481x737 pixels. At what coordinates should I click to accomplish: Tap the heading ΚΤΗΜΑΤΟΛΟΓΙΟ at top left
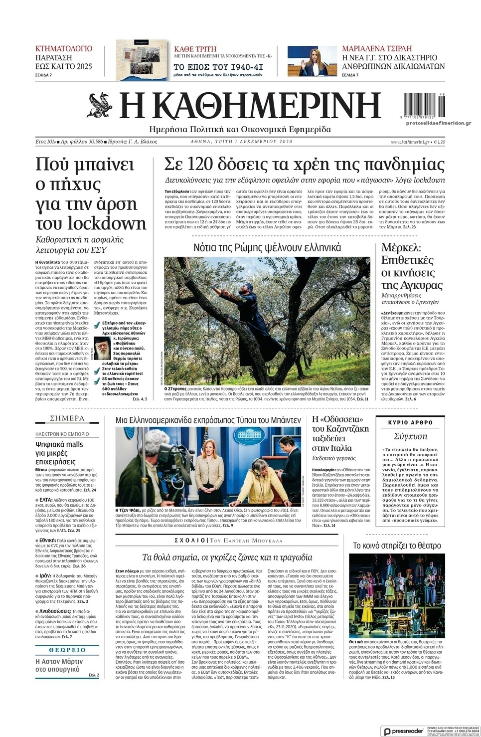coord(64,49)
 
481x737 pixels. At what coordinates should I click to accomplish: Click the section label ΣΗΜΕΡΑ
coord(67,418)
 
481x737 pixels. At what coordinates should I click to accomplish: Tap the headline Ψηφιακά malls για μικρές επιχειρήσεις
coord(59,453)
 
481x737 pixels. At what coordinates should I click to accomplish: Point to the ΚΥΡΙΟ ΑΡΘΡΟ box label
coord(410,422)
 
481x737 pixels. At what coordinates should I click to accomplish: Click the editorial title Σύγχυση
coord(410,436)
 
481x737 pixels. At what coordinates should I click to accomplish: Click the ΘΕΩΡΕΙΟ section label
coord(67,650)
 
